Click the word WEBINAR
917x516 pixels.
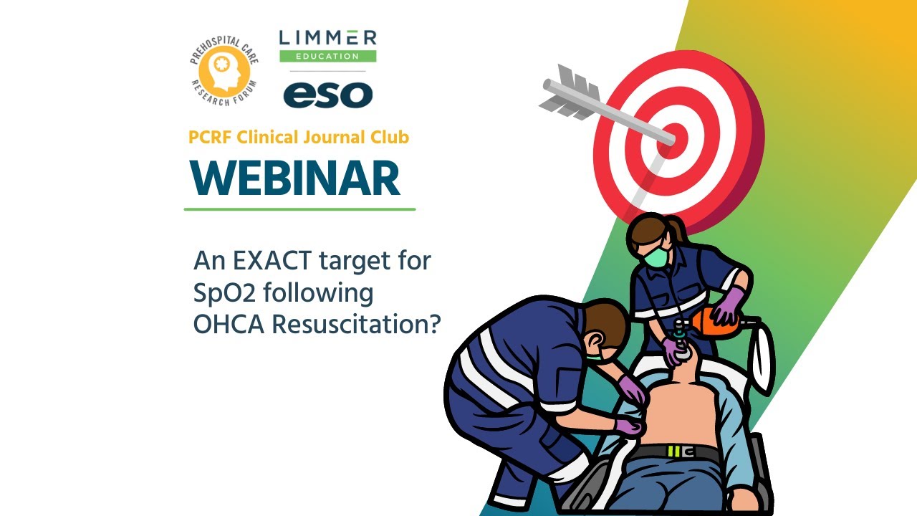(x=295, y=178)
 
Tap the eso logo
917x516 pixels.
(x=327, y=95)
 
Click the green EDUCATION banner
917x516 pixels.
(x=327, y=56)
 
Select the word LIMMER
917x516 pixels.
(x=327, y=38)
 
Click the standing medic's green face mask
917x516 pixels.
(x=655, y=257)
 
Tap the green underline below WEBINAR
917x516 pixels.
(x=299, y=209)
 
